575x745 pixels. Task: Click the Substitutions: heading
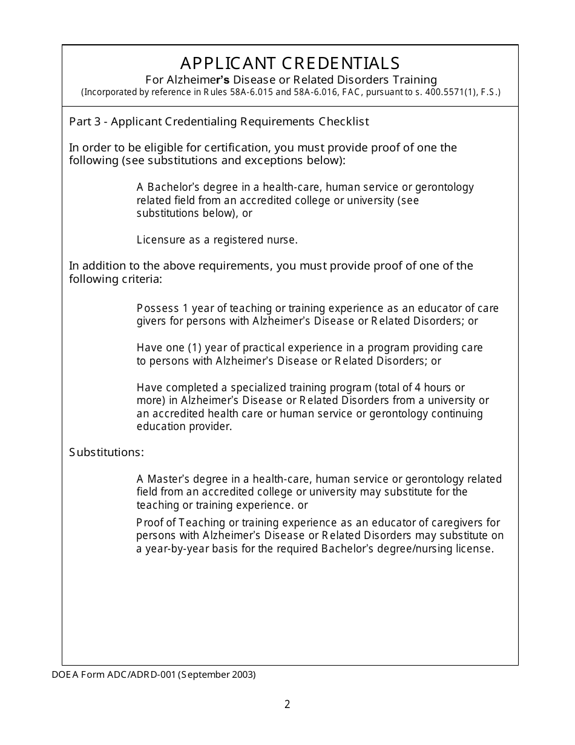tap(107, 452)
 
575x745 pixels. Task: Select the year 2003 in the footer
tap(243, 674)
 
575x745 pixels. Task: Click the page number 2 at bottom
tap(287, 704)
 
